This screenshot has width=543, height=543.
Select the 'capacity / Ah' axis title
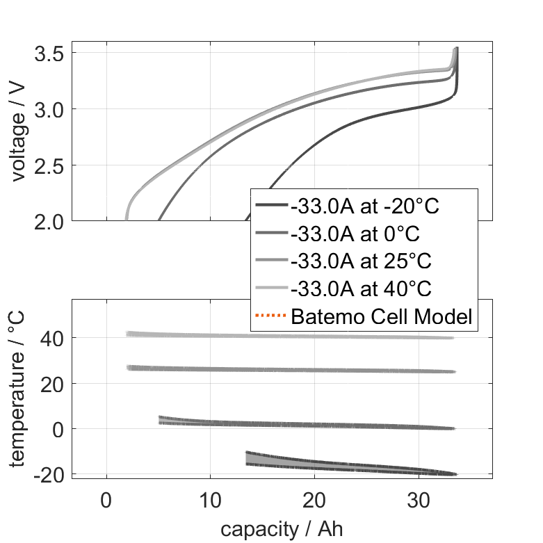[x=282, y=529]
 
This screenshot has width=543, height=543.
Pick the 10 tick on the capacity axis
[x=211, y=499]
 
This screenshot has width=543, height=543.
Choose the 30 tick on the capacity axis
[x=419, y=499]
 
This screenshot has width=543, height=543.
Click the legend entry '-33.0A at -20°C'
[x=365, y=206]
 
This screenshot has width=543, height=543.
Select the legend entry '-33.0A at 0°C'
[x=355, y=234]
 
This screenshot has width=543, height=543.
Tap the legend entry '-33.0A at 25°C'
[x=361, y=261]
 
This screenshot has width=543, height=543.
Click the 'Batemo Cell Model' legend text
[x=382, y=316]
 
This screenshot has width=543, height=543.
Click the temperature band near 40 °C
[x=278, y=336]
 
